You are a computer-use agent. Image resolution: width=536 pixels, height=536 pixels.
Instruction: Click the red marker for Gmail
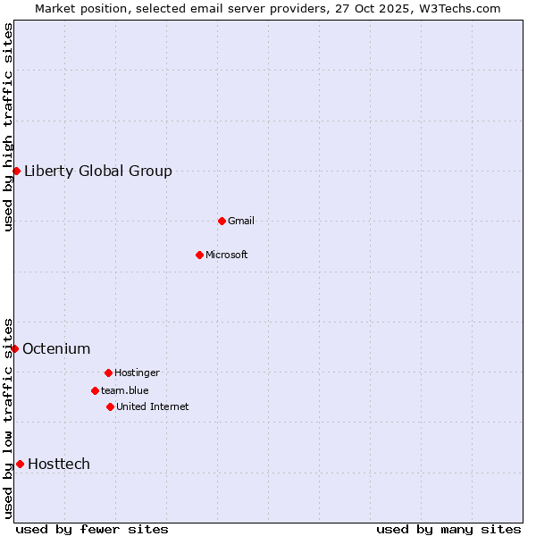click(x=222, y=221)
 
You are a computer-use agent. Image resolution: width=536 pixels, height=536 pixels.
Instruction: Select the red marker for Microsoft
click(x=199, y=255)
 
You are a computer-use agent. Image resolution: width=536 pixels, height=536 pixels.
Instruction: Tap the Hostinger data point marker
click(x=108, y=373)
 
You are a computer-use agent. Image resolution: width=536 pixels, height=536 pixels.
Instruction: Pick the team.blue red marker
click(x=95, y=390)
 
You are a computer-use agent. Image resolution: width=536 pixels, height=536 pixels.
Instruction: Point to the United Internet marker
click(x=110, y=406)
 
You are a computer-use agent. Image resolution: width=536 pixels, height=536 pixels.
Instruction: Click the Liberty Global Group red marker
click(x=16, y=171)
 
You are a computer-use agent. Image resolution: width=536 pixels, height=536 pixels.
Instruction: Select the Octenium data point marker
click(x=15, y=348)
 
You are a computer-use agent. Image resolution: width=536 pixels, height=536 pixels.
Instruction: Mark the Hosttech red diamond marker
click(x=20, y=464)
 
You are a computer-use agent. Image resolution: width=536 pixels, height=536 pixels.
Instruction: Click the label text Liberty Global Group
click(x=98, y=172)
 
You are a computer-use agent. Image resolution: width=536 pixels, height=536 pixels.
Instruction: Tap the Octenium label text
click(x=56, y=349)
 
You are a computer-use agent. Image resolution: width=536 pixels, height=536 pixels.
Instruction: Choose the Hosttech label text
click(x=59, y=465)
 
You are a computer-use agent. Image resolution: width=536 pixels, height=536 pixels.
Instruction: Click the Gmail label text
click(x=241, y=222)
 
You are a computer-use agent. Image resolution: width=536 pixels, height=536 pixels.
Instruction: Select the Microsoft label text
click(x=227, y=255)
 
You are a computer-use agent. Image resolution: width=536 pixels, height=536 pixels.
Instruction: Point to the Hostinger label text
click(x=137, y=373)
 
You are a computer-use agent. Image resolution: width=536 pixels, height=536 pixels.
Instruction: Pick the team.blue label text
click(x=125, y=391)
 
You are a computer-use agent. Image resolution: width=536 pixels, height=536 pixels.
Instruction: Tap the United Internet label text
click(x=153, y=407)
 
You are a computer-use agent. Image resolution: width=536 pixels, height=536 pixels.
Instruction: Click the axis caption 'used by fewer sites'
click(x=92, y=529)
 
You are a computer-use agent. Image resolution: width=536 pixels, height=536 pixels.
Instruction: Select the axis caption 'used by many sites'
click(x=448, y=529)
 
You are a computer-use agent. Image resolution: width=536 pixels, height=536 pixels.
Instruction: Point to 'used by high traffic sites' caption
click(x=8, y=127)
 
